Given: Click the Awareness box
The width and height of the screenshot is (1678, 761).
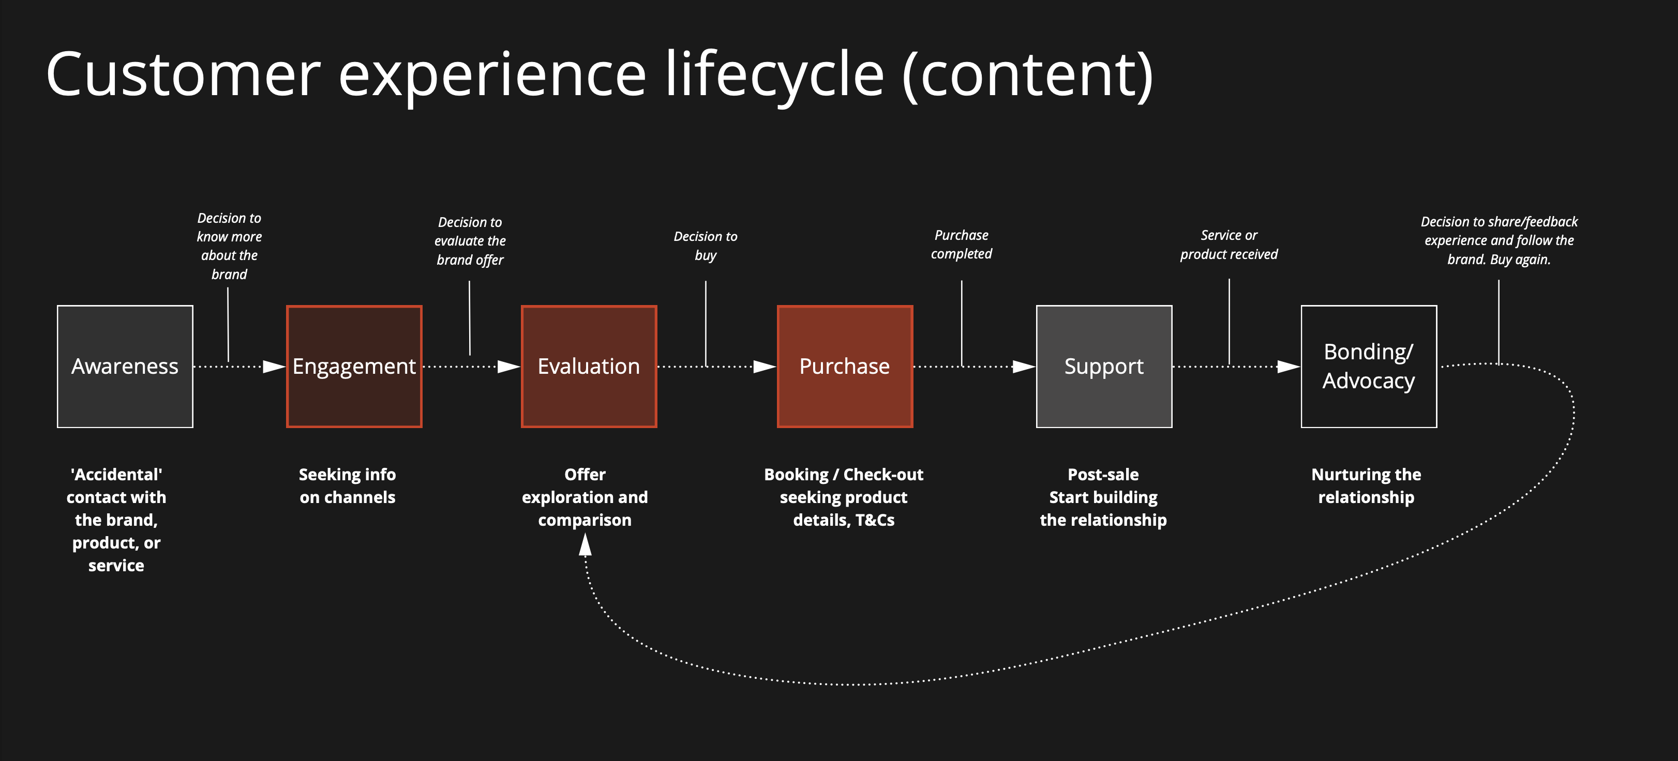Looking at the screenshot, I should point(125,367).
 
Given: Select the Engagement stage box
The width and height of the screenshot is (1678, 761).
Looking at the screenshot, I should point(354,367).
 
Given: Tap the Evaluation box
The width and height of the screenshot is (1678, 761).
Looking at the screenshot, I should point(589,367).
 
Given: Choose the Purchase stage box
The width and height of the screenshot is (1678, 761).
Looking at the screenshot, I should point(845,367).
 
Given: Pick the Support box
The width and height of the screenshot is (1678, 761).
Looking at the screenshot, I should point(1104,367).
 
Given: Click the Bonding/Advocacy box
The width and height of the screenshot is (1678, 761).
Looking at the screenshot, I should point(1369,367).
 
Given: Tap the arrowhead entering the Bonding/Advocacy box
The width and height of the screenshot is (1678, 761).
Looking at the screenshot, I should point(1289,367).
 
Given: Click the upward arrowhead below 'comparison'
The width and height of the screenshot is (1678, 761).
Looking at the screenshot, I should point(586,545).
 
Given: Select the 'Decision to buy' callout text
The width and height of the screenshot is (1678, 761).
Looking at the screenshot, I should point(706,246).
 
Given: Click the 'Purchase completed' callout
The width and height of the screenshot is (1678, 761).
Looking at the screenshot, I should point(962,244).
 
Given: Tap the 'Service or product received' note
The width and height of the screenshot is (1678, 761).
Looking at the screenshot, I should point(1229,244).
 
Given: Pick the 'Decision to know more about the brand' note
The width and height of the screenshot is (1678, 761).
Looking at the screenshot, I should point(229,246).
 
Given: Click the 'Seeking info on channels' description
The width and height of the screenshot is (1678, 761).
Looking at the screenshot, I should point(347,485).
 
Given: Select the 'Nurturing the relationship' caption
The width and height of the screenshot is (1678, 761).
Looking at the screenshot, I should point(1366,485).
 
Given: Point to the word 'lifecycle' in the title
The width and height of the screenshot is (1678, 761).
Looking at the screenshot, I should point(774,75).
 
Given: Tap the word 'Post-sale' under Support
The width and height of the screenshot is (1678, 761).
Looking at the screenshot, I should point(1103,475).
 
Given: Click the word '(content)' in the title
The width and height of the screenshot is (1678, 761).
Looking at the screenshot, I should point(1028,75).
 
